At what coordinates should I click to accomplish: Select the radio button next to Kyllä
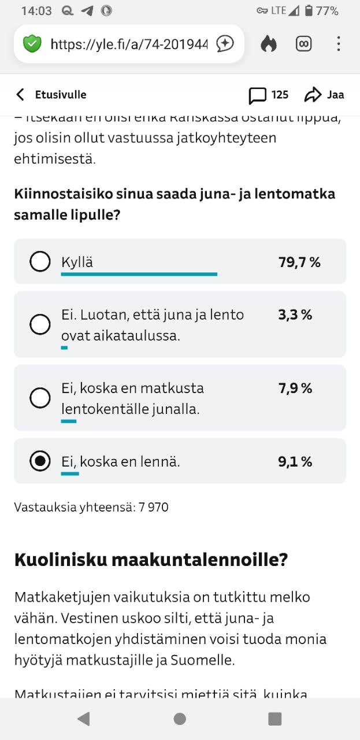click(40, 262)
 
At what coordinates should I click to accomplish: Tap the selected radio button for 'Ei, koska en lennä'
click(40, 461)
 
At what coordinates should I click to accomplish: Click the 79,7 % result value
click(299, 262)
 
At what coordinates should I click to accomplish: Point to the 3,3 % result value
click(295, 315)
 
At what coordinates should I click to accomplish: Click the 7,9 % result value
click(295, 388)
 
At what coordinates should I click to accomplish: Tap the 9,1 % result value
click(295, 462)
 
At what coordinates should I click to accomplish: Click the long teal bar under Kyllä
click(139, 274)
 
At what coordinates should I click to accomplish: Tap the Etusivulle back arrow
click(21, 95)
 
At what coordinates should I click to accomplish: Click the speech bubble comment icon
click(258, 95)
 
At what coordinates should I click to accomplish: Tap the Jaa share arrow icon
click(313, 95)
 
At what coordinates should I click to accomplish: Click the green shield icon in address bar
click(32, 43)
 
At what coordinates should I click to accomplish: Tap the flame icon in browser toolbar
click(269, 44)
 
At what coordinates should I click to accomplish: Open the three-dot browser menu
click(339, 44)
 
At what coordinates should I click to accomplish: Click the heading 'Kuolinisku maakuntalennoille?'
click(151, 560)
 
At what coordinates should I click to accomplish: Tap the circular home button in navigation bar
click(180, 719)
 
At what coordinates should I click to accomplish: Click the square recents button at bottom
click(275, 719)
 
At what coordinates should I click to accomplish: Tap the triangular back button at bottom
click(84, 719)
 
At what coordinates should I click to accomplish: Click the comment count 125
click(280, 95)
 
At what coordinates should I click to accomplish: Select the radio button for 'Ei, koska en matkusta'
click(40, 398)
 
